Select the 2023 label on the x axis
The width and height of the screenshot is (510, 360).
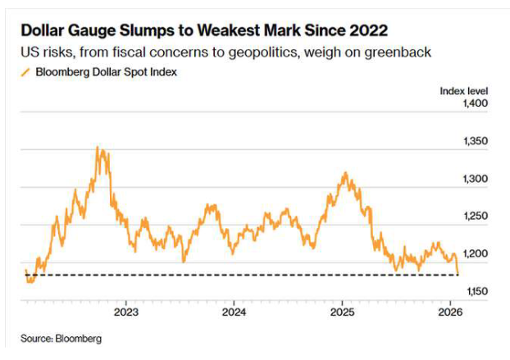pos(125,312)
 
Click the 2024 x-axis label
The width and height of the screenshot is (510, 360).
pos(234,312)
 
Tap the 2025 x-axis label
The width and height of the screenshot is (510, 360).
pos(342,312)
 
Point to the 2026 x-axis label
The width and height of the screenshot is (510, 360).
pos(449,312)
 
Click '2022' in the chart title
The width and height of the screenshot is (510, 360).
pos(367,30)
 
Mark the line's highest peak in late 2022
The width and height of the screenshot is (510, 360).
pos(98,148)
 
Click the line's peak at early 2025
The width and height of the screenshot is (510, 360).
pos(345,173)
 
